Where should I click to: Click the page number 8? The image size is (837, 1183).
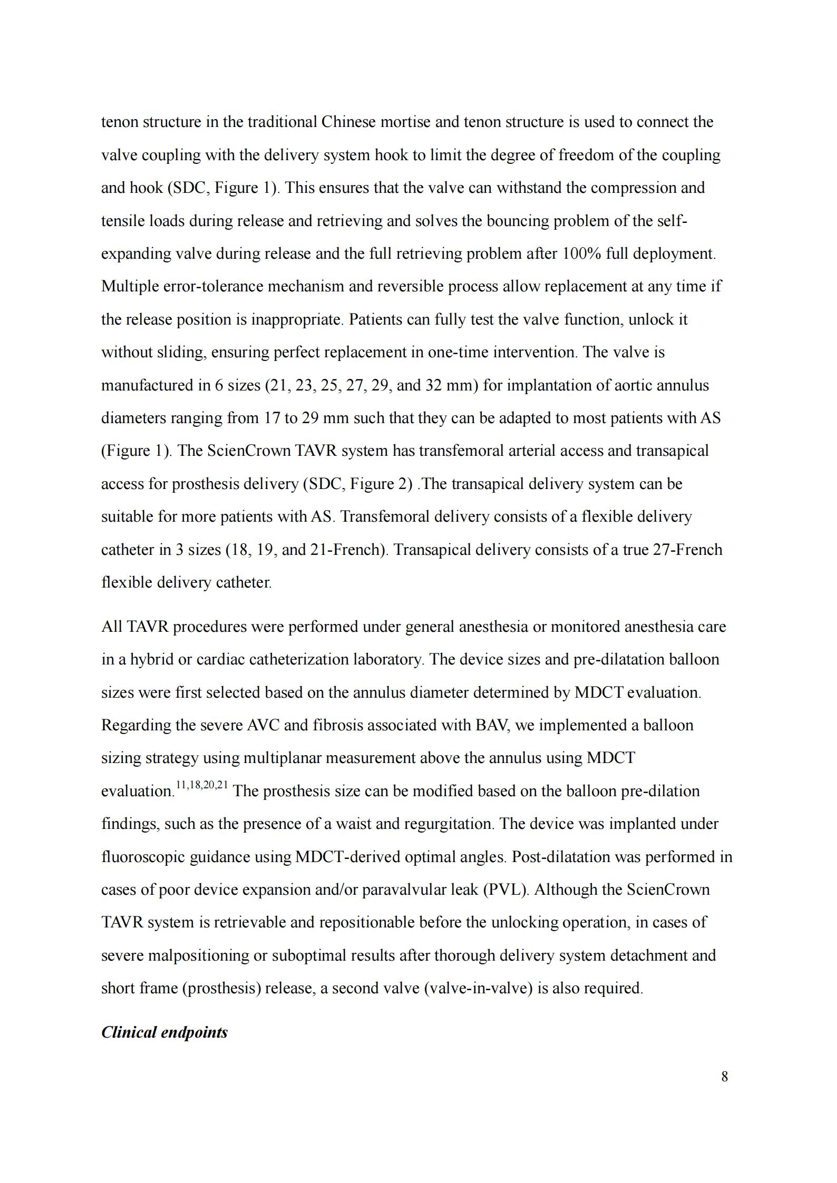[724, 1077]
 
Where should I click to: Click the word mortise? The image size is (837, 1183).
[403, 122]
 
